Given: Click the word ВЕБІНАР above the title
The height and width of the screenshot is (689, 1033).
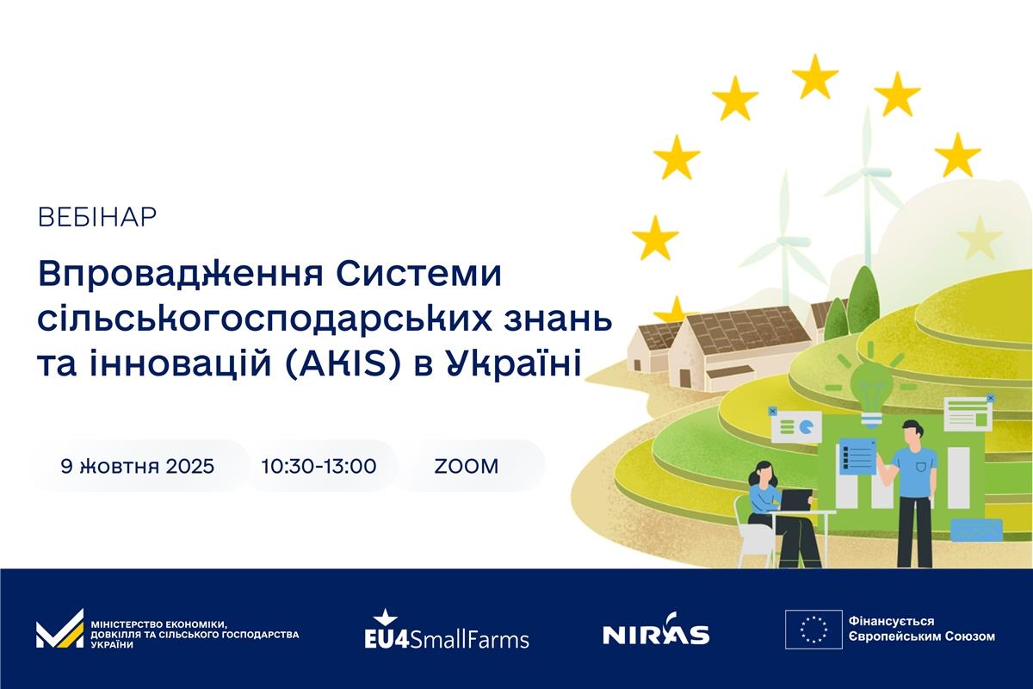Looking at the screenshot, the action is click(97, 217).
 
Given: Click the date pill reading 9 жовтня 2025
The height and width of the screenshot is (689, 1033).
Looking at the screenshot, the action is click(138, 466).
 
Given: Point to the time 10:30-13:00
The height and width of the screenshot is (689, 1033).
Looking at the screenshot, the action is click(319, 466).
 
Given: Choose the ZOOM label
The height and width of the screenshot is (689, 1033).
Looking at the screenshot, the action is click(467, 466).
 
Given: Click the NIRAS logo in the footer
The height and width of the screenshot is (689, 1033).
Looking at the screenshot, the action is click(656, 630).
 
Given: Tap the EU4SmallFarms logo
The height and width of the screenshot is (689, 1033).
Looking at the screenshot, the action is click(447, 630).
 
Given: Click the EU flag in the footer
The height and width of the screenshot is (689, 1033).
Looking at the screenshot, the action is click(814, 630).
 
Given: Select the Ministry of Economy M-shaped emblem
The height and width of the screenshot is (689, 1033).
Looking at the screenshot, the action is click(60, 629).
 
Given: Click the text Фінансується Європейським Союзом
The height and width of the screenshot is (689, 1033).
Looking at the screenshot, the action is click(921, 629).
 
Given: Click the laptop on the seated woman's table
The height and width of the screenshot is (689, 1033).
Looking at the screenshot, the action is click(797, 500).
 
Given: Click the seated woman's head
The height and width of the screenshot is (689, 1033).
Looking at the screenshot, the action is click(759, 474).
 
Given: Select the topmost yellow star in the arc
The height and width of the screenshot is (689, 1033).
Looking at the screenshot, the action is click(815, 77).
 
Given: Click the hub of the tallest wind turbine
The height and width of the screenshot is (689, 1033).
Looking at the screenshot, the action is click(868, 172).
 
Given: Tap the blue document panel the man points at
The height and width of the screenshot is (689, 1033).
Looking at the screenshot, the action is click(857, 456).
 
